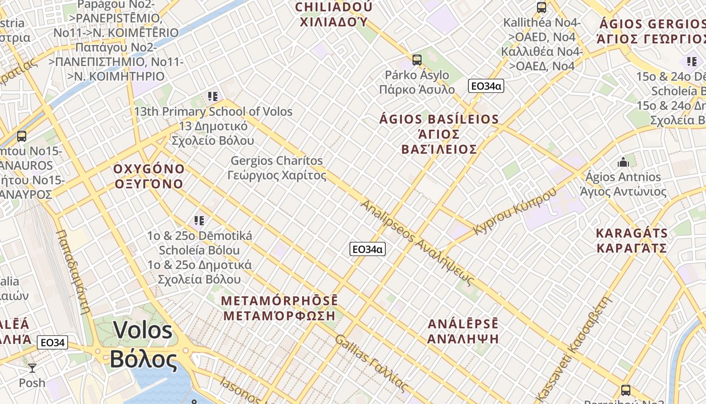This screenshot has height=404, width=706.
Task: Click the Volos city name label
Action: click(x=143, y=345)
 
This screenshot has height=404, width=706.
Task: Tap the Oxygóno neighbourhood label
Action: click(x=149, y=176)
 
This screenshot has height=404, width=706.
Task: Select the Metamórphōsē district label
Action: click(x=279, y=308)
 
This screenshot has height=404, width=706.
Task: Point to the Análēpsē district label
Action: click(x=463, y=331)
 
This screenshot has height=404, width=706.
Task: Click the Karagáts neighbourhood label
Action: click(x=631, y=240)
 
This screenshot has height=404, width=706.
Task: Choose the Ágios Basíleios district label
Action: click(x=439, y=134)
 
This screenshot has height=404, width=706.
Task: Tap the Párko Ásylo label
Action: click(x=417, y=82)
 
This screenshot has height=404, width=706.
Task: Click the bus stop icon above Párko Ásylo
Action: click(x=417, y=60)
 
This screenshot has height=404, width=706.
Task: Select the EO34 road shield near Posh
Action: click(x=52, y=342)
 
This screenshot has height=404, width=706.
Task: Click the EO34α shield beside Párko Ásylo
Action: click(x=486, y=86)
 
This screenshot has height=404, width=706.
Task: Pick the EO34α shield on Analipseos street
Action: click(x=368, y=249)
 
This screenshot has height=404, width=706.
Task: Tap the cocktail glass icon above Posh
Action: click(x=32, y=368)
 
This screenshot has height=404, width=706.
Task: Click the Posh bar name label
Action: click(x=32, y=383)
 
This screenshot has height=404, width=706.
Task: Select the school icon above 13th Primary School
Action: click(x=212, y=96)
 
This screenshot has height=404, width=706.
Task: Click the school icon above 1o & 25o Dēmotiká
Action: click(x=199, y=220)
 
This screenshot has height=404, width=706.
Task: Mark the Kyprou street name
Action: click(x=515, y=211)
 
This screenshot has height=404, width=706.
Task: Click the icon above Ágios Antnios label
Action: click(x=623, y=162)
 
